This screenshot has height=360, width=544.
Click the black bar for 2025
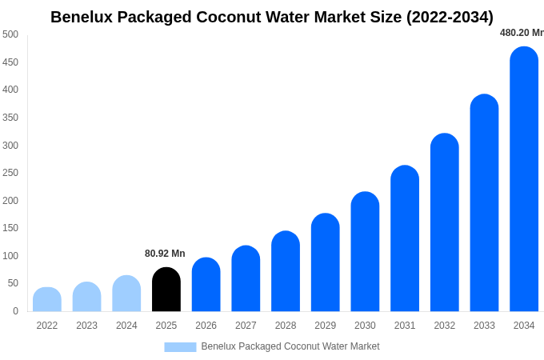[166, 290]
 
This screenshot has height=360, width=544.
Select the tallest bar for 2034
[524, 179]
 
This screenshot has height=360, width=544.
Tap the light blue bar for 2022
[47, 299]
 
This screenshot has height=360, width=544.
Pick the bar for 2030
[365, 252]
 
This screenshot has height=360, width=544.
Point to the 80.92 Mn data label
[165, 254]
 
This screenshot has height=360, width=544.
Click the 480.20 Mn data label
[521, 33]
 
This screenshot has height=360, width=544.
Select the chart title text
[272, 17]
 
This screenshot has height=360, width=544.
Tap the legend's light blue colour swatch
[180, 346]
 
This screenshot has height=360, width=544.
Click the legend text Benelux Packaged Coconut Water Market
[290, 346]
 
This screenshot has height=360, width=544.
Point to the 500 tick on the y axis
[10, 34]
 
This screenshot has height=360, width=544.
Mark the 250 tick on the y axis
[10, 173]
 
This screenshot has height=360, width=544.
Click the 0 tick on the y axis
[15, 311]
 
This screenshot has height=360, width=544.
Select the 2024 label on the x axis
[126, 326]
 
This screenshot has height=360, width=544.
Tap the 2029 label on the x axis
[326, 326]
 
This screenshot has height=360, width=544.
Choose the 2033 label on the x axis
[484, 326]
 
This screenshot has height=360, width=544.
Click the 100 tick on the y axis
[10, 256]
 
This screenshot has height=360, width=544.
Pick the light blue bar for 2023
[87, 297]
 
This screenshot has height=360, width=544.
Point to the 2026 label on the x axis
[206, 326]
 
